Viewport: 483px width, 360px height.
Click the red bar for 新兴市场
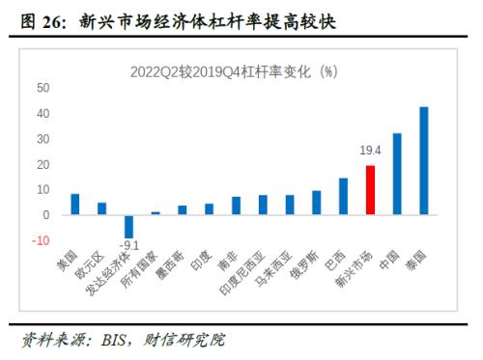[370, 189]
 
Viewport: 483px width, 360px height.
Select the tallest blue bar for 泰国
[424, 160]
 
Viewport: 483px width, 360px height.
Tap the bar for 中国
[397, 174]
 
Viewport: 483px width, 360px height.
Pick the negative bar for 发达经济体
[128, 226]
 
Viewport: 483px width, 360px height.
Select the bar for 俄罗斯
[316, 202]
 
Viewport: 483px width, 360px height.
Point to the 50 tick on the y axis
[43, 87]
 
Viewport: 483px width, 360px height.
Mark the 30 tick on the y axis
[43, 138]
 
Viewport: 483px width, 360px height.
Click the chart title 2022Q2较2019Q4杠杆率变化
[232, 71]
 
